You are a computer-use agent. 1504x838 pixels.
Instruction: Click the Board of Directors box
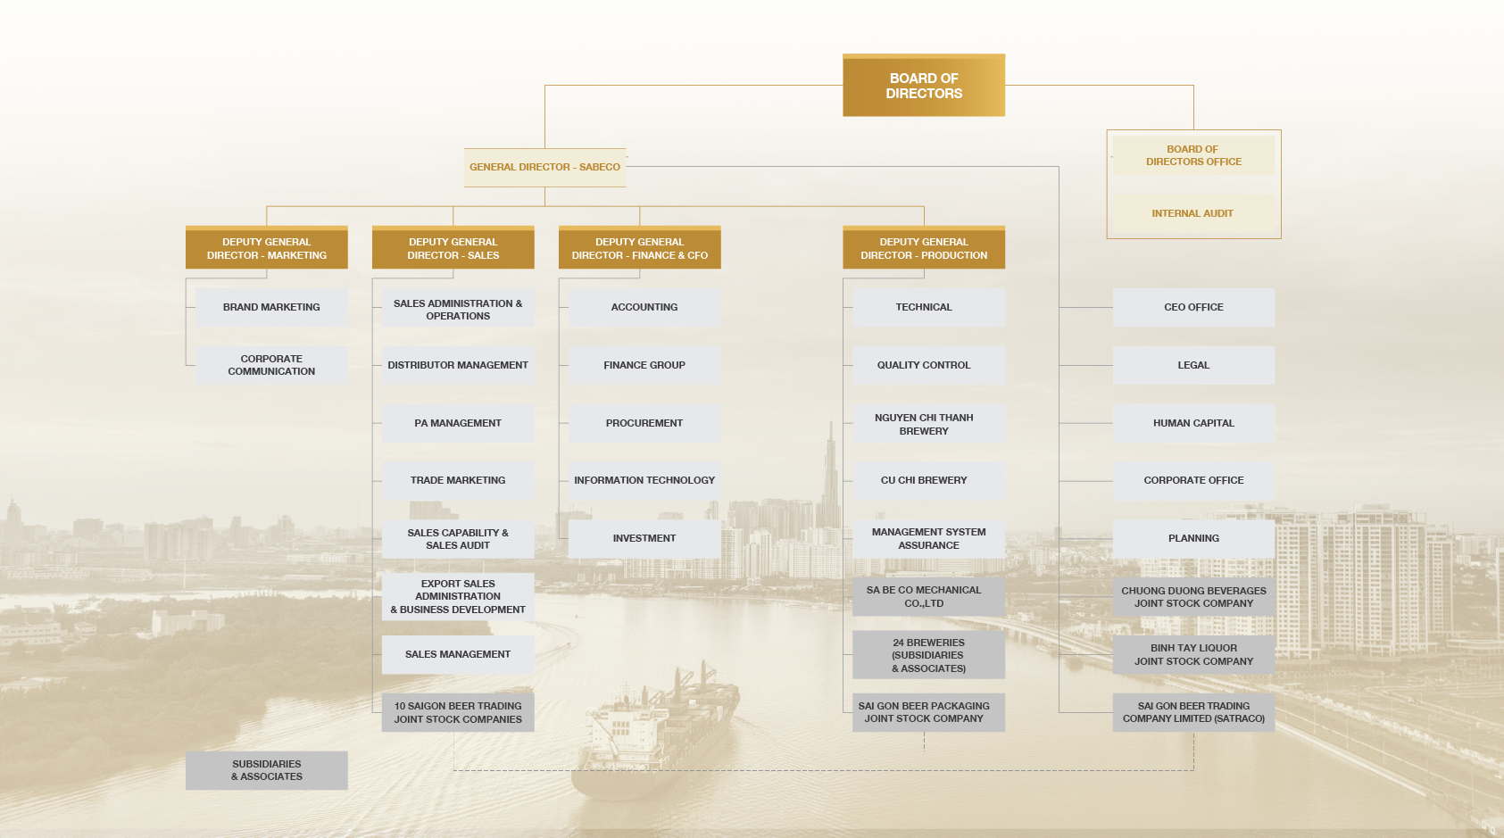pos(923,86)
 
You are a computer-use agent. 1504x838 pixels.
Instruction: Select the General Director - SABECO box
pos(544,167)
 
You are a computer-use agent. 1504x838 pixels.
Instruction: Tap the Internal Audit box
pos(1193,213)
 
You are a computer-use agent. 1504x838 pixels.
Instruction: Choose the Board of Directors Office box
pos(1193,156)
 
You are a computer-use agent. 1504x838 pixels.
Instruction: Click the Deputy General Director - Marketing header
pos(267,248)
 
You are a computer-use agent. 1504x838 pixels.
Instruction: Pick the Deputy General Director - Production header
pos(924,248)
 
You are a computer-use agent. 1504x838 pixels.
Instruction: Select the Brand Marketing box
pos(271,308)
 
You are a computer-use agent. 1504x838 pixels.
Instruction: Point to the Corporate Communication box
pos(271,365)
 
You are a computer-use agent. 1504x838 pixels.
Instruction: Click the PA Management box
pos(458,423)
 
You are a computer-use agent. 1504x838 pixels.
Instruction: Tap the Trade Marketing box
pos(458,481)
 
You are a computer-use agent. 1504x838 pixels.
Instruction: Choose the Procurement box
pos(644,423)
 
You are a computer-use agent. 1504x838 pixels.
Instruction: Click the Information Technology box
pos(644,481)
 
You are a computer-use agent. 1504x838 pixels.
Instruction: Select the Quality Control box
pos(928,365)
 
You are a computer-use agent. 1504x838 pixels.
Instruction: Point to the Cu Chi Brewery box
pos(928,481)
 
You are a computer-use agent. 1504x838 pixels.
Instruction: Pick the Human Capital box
pos(1193,423)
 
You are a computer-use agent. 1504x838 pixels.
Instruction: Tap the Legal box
pos(1193,365)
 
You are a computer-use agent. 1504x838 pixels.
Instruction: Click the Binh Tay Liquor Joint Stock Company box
pos(1193,655)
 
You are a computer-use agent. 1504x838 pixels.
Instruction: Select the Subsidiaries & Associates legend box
pos(267,770)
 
